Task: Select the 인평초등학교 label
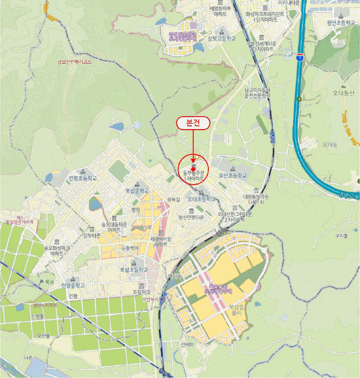point(83,178)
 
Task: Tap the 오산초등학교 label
point(233,176)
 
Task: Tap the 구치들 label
point(341,236)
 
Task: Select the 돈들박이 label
point(130,247)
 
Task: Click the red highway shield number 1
point(298,56)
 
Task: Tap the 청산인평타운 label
point(191,218)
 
